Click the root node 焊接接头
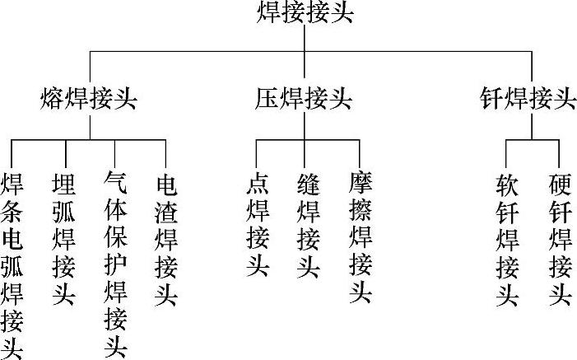click(305, 14)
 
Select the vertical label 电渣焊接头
click(165, 239)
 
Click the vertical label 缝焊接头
click(307, 225)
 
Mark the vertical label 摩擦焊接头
click(360, 239)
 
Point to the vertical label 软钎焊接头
click(507, 239)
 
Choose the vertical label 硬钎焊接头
click(560, 239)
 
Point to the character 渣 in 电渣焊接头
click(165, 211)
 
